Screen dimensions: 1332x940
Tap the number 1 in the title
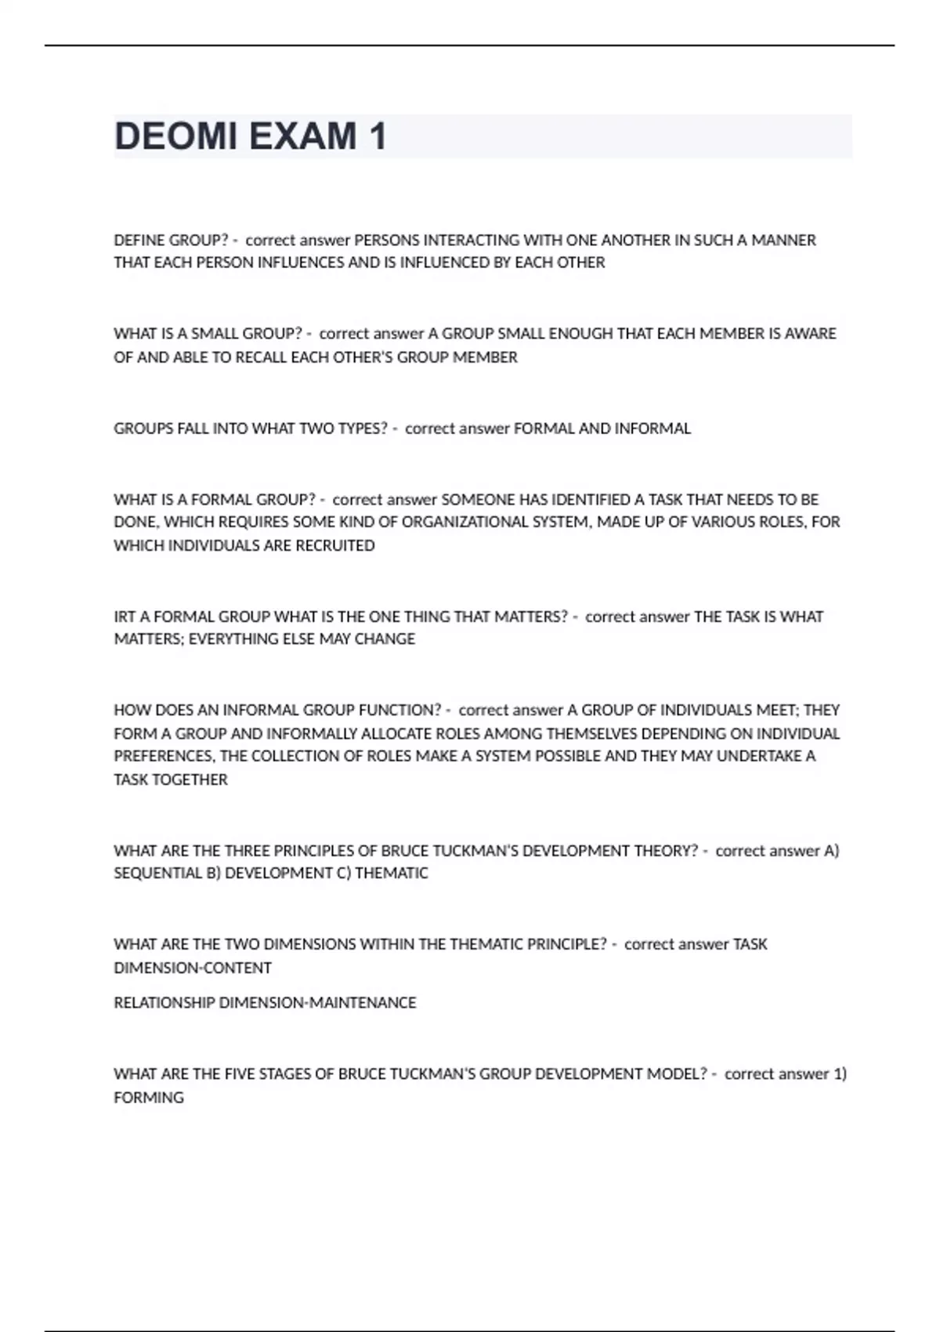(x=378, y=136)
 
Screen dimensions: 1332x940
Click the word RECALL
(x=261, y=357)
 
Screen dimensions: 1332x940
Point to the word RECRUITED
(x=335, y=545)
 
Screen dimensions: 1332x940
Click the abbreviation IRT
(x=125, y=617)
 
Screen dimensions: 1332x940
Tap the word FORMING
(x=149, y=1098)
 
